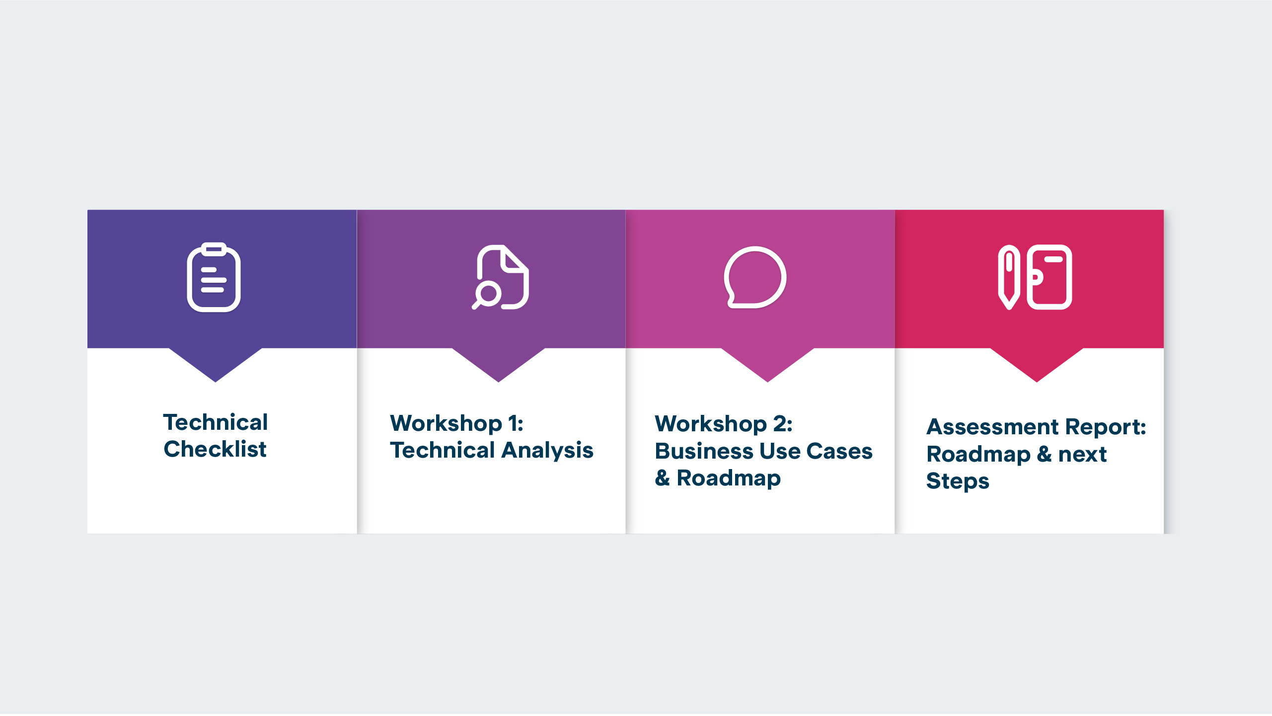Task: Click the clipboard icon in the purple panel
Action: (x=214, y=278)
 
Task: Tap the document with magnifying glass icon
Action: (x=501, y=277)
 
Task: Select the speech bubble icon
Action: (x=755, y=277)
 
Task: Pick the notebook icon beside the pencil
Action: (x=1049, y=277)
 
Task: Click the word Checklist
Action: (x=215, y=449)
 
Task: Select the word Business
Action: (x=703, y=451)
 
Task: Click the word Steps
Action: (x=957, y=481)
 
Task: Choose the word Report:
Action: (x=1106, y=427)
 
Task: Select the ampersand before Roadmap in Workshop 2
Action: (x=662, y=478)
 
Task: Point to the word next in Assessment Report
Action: (x=1082, y=454)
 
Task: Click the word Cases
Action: (x=839, y=451)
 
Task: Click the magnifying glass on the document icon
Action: (x=487, y=294)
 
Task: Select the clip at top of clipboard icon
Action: (x=214, y=248)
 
